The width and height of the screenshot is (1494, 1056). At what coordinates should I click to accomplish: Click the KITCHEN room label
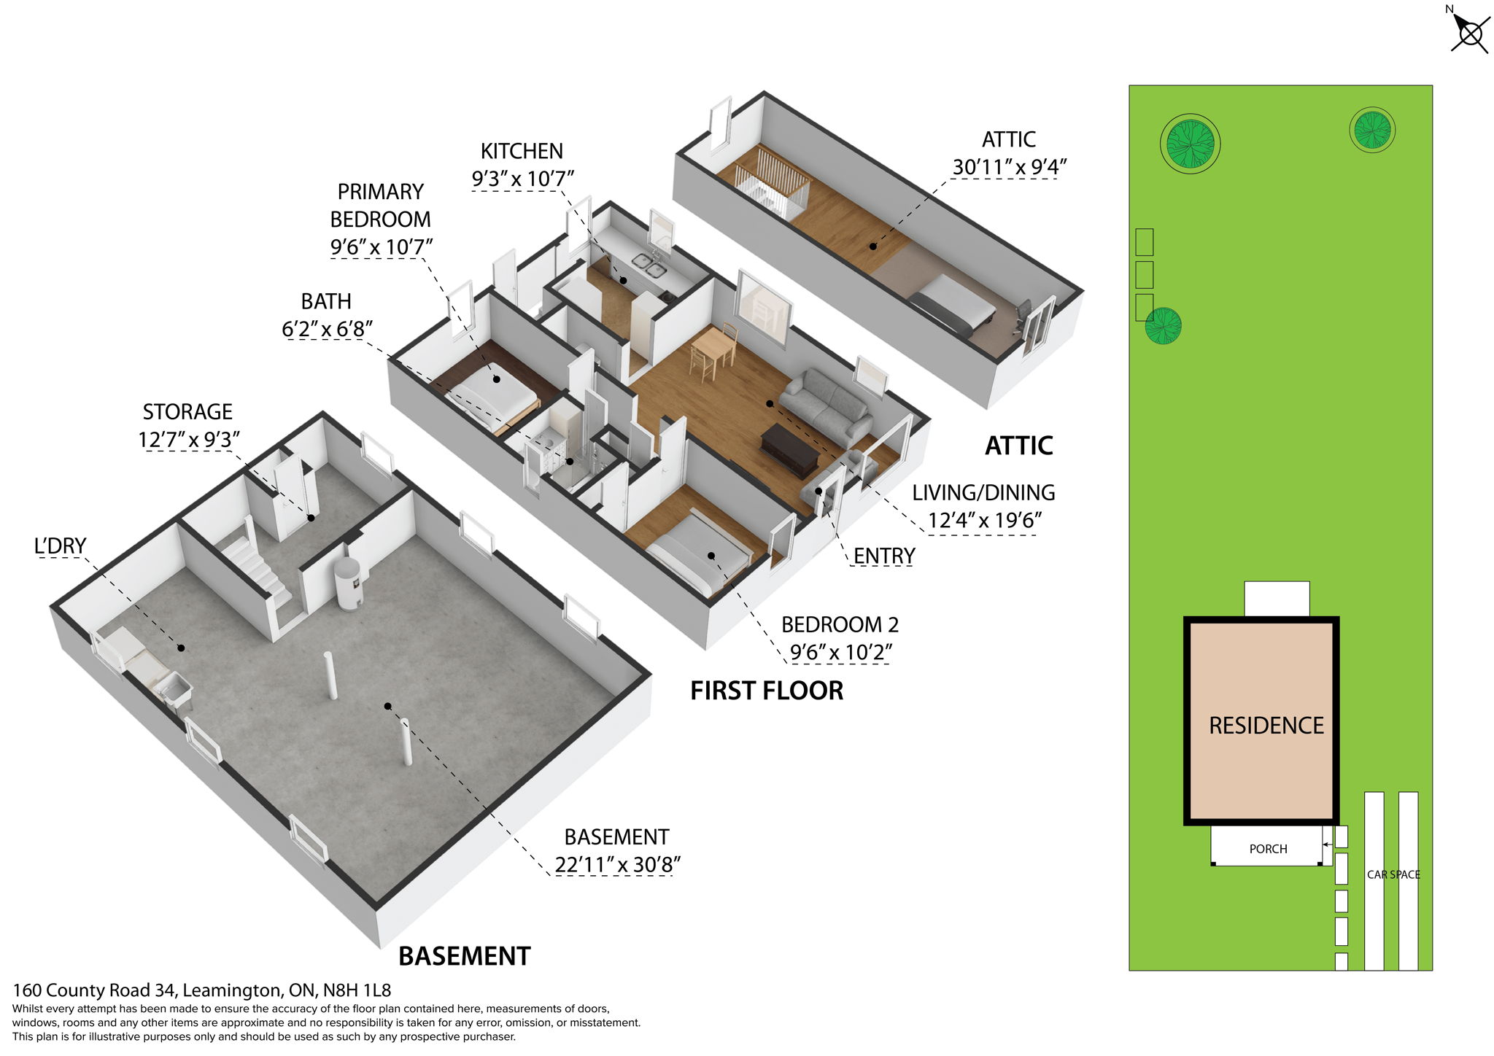pos(522,151)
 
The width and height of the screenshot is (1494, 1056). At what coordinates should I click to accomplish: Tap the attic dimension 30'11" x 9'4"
pos(1009,167)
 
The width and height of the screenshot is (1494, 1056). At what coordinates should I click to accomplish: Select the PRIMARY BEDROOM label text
pos(380,205)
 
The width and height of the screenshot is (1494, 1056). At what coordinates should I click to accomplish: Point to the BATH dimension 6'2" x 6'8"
pos(327,329)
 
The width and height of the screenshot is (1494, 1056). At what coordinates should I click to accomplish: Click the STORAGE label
pos(187,412)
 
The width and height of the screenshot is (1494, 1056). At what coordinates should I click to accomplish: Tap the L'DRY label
pos(60,546)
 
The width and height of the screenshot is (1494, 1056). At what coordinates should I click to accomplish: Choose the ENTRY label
pos(883,556)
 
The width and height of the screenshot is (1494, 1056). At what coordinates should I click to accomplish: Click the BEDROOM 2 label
pos(840,624)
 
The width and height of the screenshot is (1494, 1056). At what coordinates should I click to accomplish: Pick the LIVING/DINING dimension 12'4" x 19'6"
pos(984,520)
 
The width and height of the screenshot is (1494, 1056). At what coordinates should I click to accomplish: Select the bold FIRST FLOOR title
pos(767,691)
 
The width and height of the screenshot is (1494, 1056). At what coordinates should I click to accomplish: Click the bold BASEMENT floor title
pos(464,956)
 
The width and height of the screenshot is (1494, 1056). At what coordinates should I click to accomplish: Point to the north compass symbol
pos(1468,33)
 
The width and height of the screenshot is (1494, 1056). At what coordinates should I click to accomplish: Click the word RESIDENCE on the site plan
pos(1266,726)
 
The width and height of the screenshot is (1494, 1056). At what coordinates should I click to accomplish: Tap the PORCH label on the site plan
pos(1268,849)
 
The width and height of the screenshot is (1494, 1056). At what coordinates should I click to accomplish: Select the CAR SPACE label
pos(1393,874)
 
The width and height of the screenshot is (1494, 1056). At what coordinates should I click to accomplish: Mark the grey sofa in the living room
pos(827,405)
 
